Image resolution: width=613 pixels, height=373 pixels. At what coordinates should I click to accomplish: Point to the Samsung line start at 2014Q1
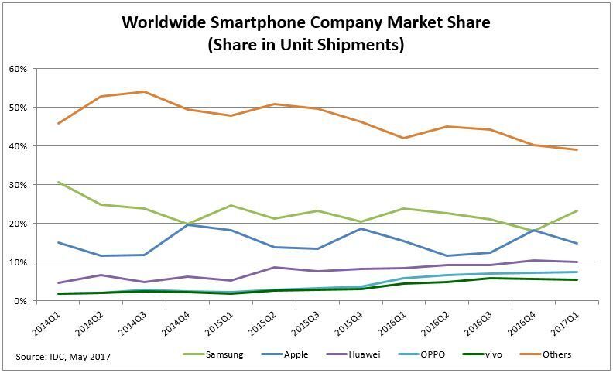59,182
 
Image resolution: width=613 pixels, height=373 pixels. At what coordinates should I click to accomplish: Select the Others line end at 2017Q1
598,149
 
